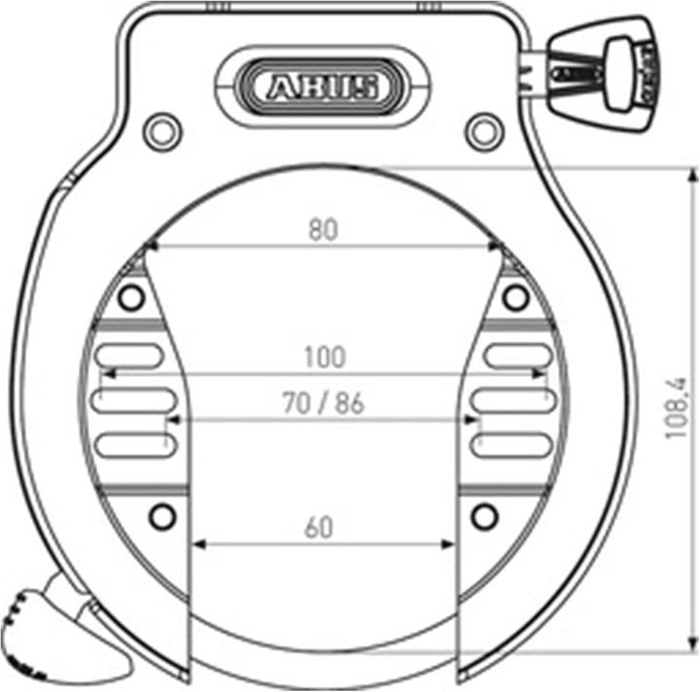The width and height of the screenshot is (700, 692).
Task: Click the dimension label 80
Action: [323, 229]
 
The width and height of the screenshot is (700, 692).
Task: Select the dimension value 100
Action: [324, 357]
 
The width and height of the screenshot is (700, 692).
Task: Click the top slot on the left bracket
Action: [127, 356]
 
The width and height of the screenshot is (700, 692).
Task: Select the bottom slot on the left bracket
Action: [132, 445]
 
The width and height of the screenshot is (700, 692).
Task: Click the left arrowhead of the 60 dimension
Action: [199, 543]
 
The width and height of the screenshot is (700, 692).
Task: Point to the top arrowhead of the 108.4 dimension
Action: [692, 173]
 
